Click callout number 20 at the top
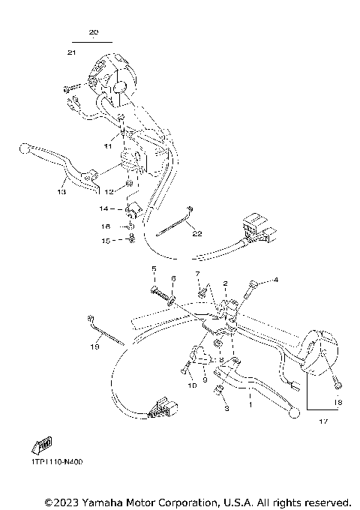[93, 33]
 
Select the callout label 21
[72, 52]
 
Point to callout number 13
[61, 192]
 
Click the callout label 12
[109, 192]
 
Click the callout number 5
[154, 268]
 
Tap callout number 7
[197, 274]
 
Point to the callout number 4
[275, 280]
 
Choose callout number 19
[94, 347]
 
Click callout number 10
[191, 385]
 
